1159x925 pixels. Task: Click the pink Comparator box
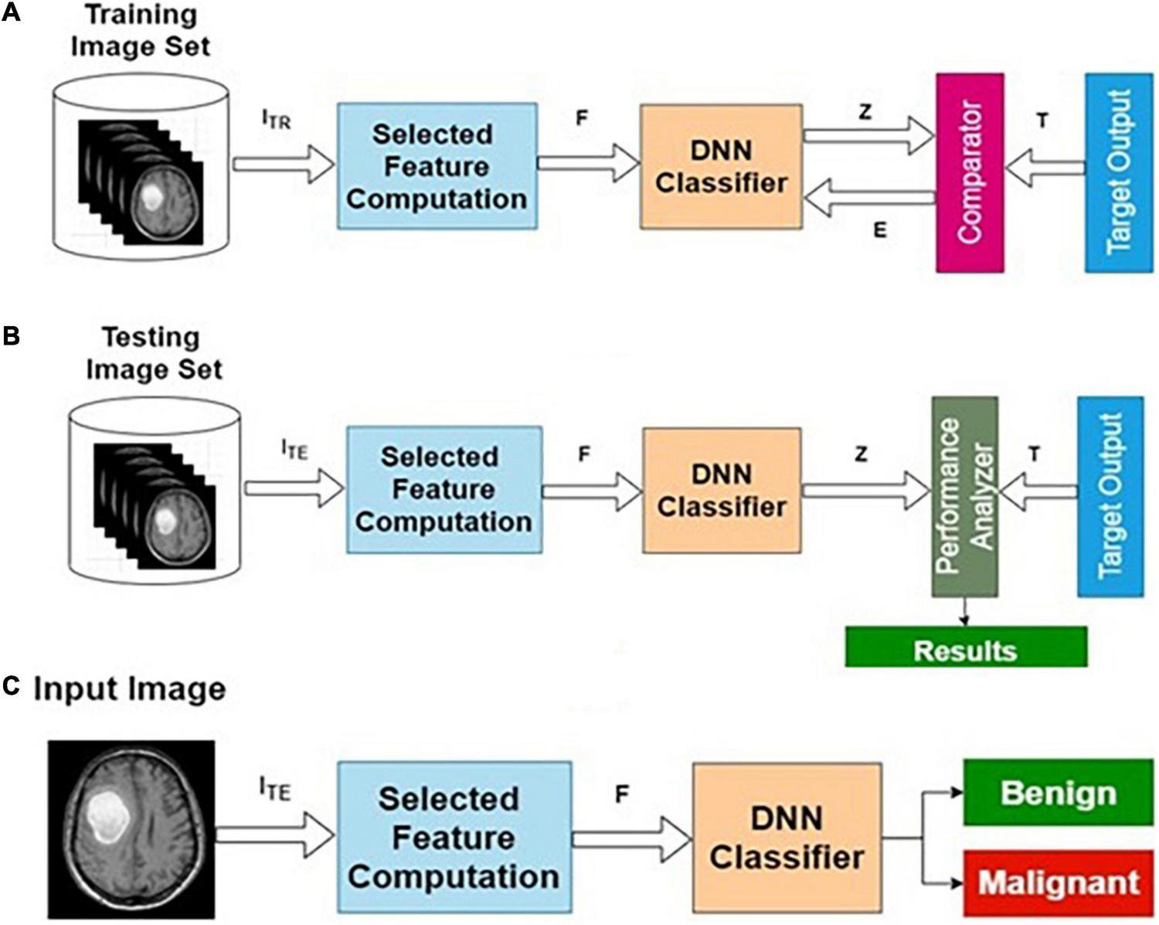tap(970, 172)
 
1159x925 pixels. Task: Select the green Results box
tap(966, 648)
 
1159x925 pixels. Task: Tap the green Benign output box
tap(1058, 792)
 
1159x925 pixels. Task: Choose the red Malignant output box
tap(1058, 882)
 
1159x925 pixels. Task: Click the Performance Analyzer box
tap(964, 496)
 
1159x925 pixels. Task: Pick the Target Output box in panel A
tap(1119, 172)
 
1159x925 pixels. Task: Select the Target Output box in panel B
tap(1110, 496)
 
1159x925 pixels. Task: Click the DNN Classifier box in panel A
tap(721, 167)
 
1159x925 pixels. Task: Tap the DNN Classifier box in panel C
tap(787, 838)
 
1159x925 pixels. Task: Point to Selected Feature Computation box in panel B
tap(444, 489)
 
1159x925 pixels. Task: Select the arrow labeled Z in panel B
tap(865, 491)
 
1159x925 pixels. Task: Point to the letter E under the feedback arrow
tap(879, 230)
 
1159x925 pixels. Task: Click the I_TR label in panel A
tap(276, 121)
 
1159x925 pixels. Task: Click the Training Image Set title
tap(140, 31)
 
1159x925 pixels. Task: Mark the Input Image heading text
tap(129, 689)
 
